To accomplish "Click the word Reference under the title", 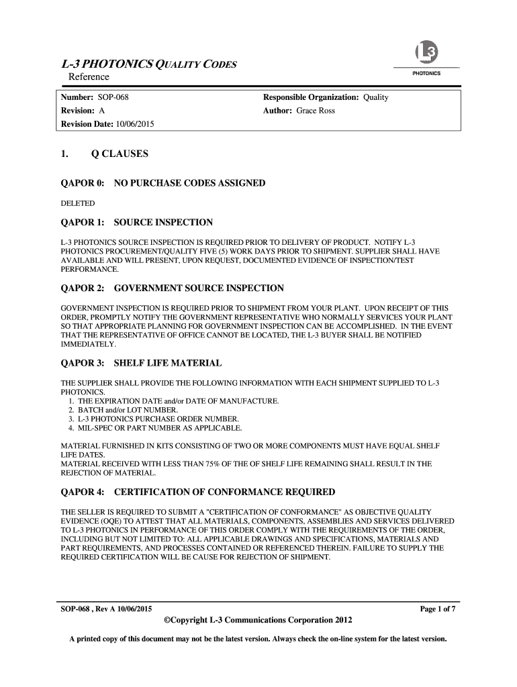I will (90, 78).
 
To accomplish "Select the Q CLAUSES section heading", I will (120, 154).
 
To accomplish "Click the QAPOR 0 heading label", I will (83, 183).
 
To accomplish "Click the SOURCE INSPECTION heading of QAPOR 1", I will (163, 222).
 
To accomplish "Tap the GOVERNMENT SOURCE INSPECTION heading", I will (199, 288).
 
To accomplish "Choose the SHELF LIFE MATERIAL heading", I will (167, 363).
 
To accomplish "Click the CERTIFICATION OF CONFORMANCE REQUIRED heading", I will (224, 492).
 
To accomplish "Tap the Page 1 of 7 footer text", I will (438, 609).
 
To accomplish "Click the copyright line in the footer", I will (258, 619).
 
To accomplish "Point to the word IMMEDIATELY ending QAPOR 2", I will (88, 344).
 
